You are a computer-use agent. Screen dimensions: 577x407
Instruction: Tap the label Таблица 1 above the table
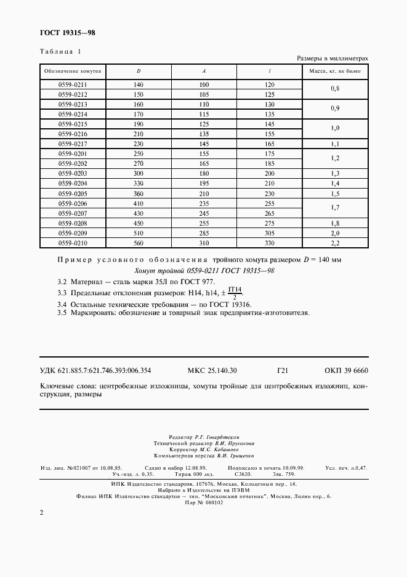[60, 51]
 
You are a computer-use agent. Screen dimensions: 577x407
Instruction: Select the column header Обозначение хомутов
[73, 72]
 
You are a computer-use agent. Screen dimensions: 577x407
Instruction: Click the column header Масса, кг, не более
[335, 72]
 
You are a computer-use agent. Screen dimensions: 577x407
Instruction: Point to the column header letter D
[139, 72]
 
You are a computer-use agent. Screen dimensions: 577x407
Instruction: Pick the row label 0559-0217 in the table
[73, 144]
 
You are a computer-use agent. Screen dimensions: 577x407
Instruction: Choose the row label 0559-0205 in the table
[73, 194]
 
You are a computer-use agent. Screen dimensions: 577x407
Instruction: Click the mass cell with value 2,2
[335, 243]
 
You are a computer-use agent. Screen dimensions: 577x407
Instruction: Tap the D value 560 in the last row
[139, 243]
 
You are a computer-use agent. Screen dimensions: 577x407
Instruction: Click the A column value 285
[204, 234]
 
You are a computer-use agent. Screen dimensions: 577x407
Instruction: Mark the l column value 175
[269, 153]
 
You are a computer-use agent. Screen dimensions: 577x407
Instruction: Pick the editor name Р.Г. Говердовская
[220, 436]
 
